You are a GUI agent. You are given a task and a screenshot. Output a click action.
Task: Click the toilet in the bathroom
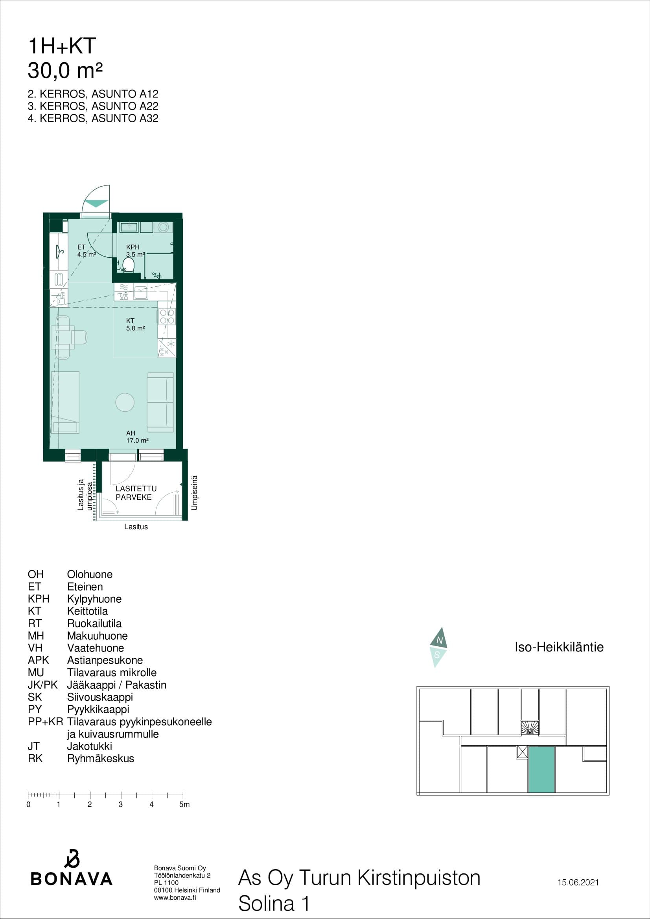click(128, 265)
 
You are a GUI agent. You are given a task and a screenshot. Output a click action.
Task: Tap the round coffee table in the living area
click(125, 402)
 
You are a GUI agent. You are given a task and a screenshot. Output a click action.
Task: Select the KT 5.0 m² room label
click(135, 325)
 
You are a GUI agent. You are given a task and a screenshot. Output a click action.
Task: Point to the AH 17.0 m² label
click(137, 437)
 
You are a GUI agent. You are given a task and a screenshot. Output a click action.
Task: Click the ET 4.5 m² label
click(87, 251)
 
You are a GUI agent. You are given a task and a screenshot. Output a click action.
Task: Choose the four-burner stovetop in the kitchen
click(167, 317)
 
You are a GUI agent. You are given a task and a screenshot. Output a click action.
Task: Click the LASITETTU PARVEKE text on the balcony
click(136, 493)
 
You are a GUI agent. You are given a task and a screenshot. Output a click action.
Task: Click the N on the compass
click(439, 640)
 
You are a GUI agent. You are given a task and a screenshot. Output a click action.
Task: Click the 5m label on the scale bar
click(184, 805)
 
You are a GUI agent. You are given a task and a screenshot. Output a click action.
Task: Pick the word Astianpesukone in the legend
click(105, 660)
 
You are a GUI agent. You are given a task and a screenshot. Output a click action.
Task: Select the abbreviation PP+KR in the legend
click(45, 722)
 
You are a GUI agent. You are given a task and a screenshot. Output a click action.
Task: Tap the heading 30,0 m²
click(65, 70)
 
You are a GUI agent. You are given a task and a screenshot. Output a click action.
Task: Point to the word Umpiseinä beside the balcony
click(195, 493)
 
